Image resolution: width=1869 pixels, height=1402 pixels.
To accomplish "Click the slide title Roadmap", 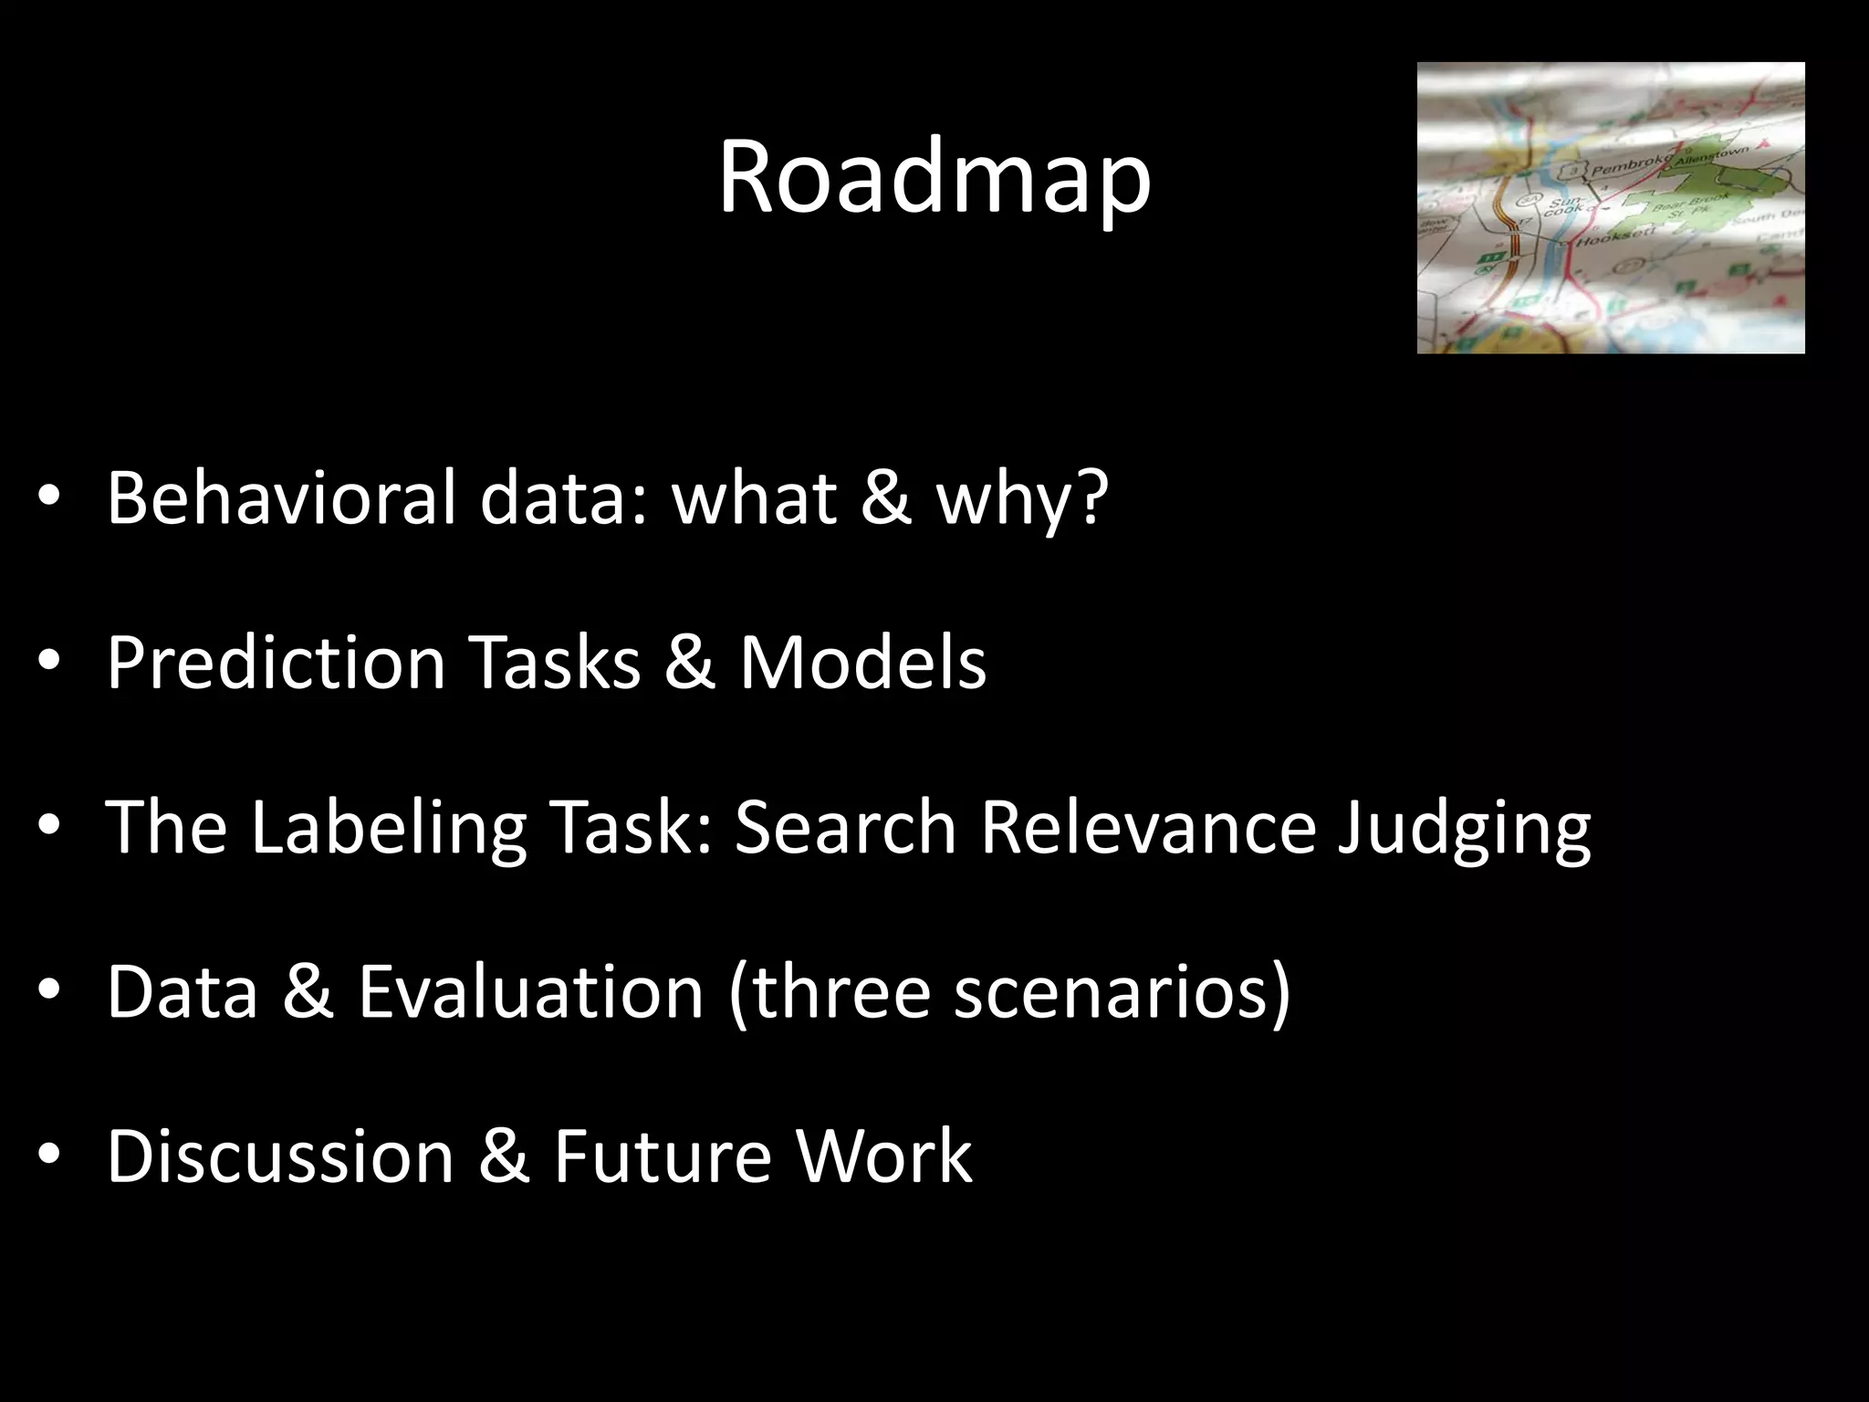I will pyautogui.click(x=934, y=178).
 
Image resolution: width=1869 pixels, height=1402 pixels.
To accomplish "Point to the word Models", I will pyautogui.click(x=862, y=662).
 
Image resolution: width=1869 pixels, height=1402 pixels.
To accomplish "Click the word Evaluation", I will pyautogui.click(x=530, y=991).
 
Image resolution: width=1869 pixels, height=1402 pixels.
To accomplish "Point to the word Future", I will pyautogui.click(x=662, y=1156).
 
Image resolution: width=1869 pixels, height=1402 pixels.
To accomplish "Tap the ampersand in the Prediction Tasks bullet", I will pyautogui.click(x=689, y=662).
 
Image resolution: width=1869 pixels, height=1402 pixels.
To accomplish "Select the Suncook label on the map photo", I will pyautogui.click(x=1563, y=204).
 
